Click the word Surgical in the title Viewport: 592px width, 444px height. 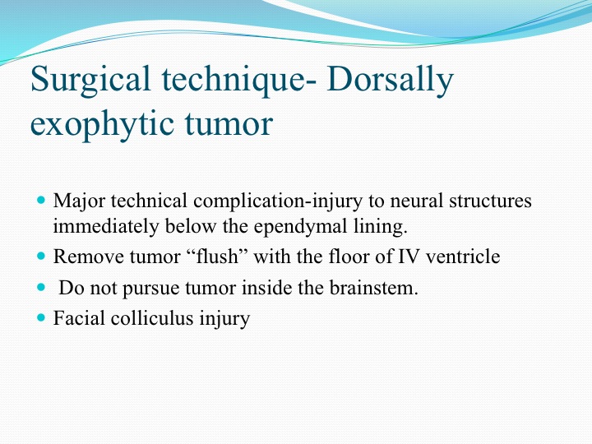(x=90, y=81)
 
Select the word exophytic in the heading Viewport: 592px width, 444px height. (x=102, y=125)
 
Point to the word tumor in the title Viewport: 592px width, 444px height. (x=229, y=124)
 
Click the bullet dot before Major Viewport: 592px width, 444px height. (x=42, y=199)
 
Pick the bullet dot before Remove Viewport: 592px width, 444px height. (x=42, y=256)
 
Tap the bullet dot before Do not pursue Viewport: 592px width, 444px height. (x=42, y=287)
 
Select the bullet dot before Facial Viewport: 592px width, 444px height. (x=42, y=317)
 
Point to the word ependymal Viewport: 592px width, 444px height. (x=301, y=227)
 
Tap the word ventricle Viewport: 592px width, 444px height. (x=463, y=257)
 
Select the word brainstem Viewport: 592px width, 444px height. (x=374, y=288)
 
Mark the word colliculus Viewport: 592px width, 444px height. (x=152, y=318)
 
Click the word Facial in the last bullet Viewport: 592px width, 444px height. (x=79, y=318)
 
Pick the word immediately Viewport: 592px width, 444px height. (x=106, y=227)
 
